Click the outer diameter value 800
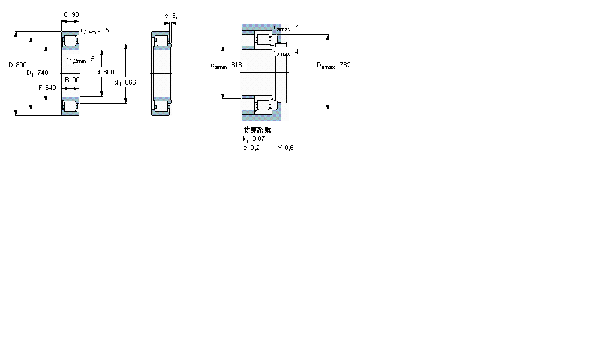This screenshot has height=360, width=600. [22, 64]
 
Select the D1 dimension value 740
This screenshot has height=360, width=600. [43, 73]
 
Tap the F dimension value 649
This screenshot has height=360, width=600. [50, 88]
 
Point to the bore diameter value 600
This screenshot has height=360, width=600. [109, 72]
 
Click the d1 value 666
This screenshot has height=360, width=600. [130, 82]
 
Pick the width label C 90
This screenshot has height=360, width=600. [71, 14]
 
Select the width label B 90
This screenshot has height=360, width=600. [72, 80]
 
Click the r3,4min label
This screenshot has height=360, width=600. [91, 31]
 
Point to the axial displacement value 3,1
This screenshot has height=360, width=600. [176, 15]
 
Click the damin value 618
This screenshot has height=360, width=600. [236, 65]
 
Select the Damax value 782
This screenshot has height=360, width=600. [345, 65]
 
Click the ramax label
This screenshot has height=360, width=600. [282, 28]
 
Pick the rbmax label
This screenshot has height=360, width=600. [282, 53]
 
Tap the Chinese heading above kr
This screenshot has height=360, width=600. [257, 130]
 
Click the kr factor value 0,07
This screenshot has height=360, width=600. [259, 139]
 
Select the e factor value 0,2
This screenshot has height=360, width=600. [255, 148]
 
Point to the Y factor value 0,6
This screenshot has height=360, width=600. [289, 148]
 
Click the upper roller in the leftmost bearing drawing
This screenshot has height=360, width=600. [70, 41]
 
